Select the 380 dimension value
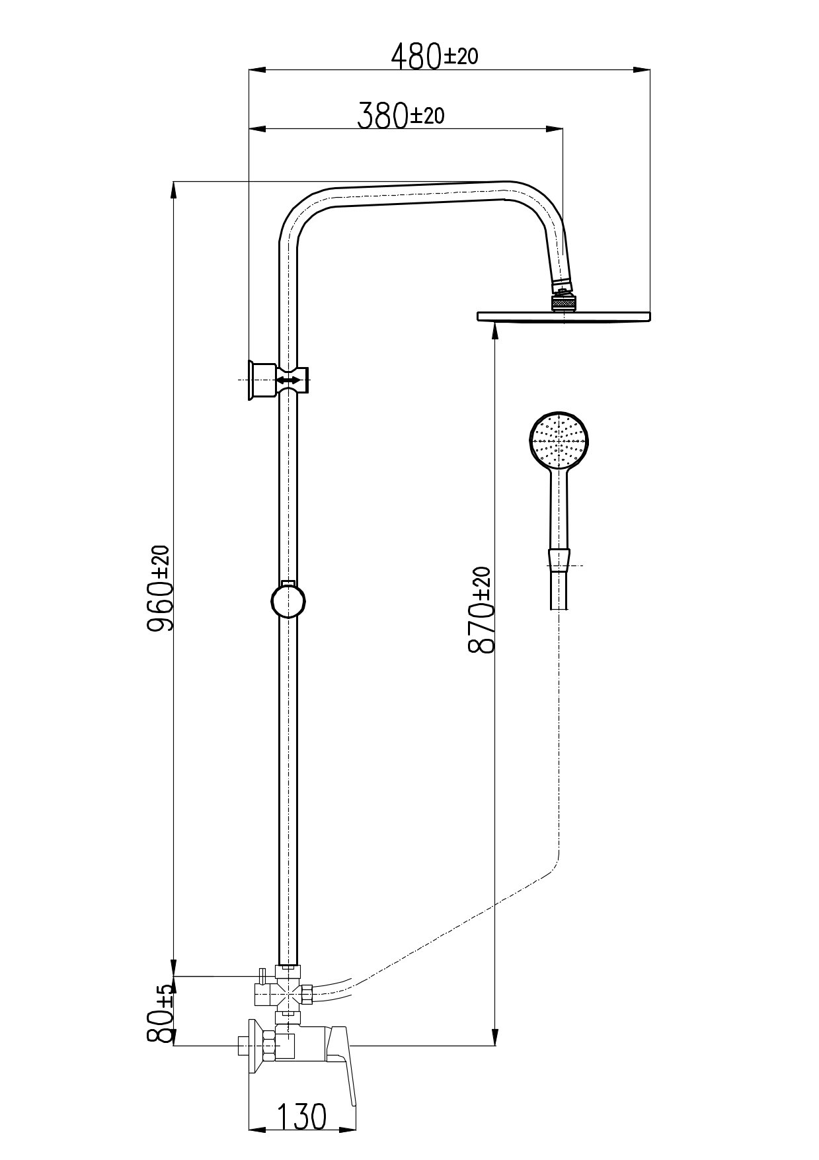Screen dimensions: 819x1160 point(382,116)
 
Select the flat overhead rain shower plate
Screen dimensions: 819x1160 point(564,317)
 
